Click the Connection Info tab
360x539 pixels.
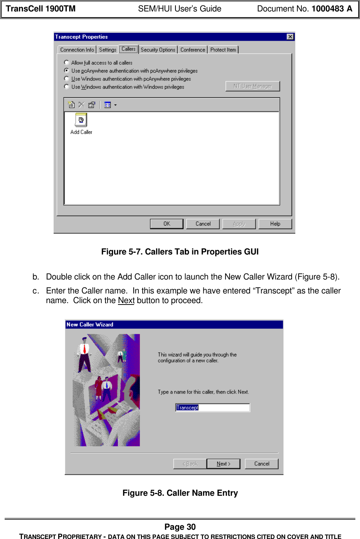tap(77, 50)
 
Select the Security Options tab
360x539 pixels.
tap(158, 50)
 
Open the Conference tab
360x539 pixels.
tap(193, 50)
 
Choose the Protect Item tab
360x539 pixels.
tap(223, 50)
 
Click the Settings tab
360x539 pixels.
tap(108, 50)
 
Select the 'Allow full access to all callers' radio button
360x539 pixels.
tap(66, 63)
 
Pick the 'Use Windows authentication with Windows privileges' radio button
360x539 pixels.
tap(66, 86)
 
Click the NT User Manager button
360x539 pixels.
tap(252, 86)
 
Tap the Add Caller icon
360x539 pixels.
tap(81, 120)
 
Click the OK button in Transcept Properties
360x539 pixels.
tap(167, 224)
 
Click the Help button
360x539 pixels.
tap(275, 224)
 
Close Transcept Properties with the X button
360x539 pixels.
tap(290, 37)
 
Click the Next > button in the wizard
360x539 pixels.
tap(223, 464)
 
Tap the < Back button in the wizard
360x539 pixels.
tap(190, 464)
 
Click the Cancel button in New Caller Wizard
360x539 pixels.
tap(261, 464)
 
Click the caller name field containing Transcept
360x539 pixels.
tap(212, 407)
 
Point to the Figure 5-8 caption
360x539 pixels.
tap(180, 493)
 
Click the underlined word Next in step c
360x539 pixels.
tap(126, 300)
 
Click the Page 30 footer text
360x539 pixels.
tap(180, 526)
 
